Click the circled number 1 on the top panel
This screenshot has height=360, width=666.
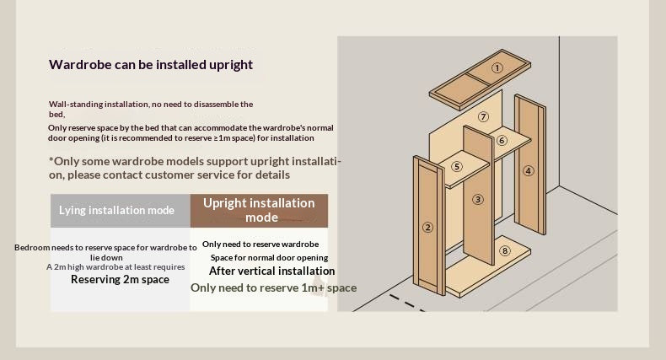[x=497, y=68]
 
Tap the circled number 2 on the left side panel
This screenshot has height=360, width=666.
[x=427, y=228]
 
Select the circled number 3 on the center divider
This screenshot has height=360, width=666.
[x=478, y=200]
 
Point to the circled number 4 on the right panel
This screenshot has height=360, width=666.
[x=528, y=171]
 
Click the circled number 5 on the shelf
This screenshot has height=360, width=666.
[x=457, y=166]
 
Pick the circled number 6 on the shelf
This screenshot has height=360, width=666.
[x=502, y=141]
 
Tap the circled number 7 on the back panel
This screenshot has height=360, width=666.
[x=483, y=116]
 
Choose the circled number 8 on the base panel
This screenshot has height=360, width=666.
[x=505, y=250]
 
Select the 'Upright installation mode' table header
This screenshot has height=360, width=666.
[x=259, y=211]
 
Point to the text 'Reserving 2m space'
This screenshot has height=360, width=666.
[x=121, y=279]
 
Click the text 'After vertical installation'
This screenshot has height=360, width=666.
[x=271, y=271]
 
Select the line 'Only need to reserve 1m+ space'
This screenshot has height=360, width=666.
[x=273, y=287]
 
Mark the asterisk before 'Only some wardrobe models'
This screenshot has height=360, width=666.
[x=51, y=160]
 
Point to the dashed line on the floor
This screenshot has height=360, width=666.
[x=407, y=304]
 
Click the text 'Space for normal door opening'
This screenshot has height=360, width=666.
[x=269, y=258]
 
